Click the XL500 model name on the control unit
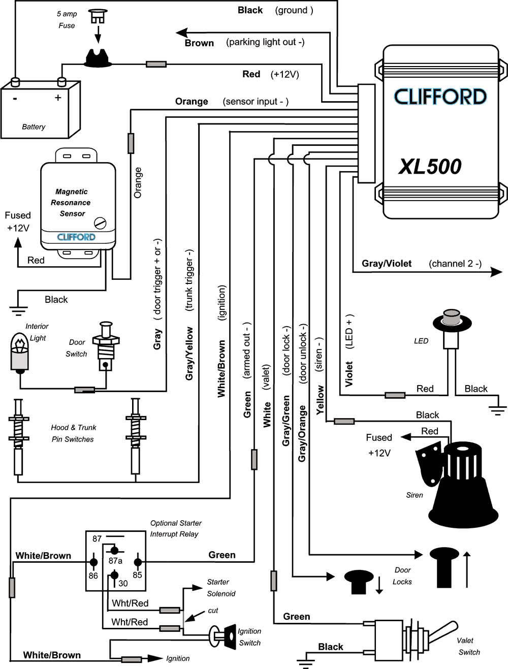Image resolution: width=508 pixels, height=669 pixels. [x=430, y=167]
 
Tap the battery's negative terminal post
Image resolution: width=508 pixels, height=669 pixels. [x=15, y=82]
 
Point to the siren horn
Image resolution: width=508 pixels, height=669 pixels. [x=462, y=483]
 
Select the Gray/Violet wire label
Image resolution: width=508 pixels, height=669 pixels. [x=387, y=264]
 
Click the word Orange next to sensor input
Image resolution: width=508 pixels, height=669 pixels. [x=192, y=102]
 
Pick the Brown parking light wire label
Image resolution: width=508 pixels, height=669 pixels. [x=199, y=43]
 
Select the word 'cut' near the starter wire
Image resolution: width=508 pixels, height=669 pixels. [x=213, y=611]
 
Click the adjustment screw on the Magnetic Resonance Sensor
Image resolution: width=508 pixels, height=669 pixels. [x=100, y=222]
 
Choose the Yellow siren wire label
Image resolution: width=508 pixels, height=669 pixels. [x=320, y=400]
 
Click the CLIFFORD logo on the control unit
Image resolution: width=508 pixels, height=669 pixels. [x=440, y=97]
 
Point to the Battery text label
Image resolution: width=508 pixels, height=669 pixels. [x=34, y=127]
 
